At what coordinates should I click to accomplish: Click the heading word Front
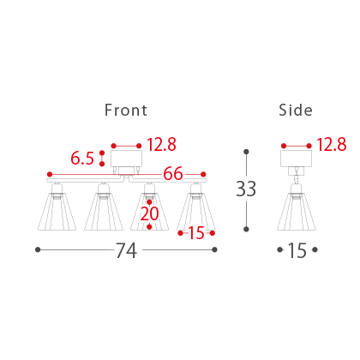pos(126,111)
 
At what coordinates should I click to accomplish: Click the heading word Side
pos(296,111)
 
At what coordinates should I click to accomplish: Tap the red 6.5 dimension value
pos(82,159)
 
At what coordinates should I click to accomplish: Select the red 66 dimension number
pos(173,173)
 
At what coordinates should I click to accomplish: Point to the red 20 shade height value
pos(149,213)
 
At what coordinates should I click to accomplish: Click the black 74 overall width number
pos(126,250)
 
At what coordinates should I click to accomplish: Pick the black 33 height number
pos(246,189)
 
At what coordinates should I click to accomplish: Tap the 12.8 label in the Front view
pos(161,144)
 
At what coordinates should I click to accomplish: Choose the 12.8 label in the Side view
pos(332,144)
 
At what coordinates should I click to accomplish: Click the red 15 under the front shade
pos(196,233)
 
